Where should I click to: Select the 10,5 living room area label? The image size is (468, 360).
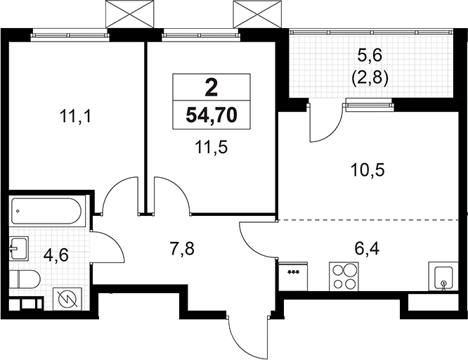point(370,169)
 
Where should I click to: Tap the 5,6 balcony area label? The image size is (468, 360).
point(370,53)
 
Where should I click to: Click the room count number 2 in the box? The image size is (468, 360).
point(211,89)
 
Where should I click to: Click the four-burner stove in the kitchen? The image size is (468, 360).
point(344,275)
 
